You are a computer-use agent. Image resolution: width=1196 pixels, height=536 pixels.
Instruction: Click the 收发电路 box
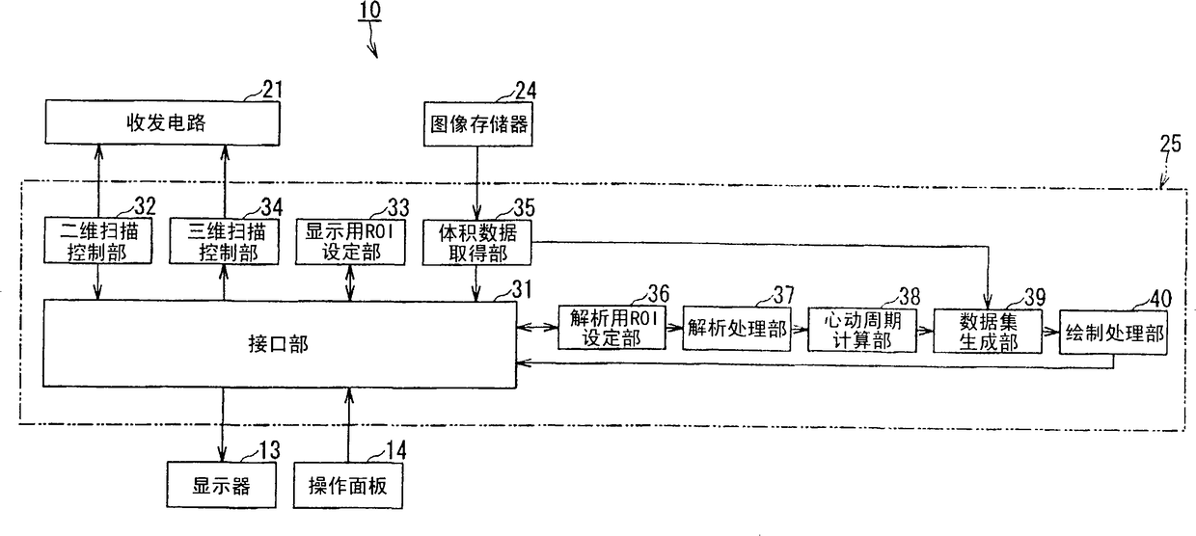pyautogui.click(x=162, y=123)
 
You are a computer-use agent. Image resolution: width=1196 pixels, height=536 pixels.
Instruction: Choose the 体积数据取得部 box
pyautogui.click(x=475, y=242)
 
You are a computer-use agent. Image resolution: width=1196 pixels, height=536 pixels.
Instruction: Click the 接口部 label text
pyautogui.click(x=285, y=344)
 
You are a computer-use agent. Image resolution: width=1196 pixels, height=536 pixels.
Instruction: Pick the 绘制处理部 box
pyautogui.click(x=1111, y=335)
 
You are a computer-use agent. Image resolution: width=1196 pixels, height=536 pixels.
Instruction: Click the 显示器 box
pyautogui.click(x=221, y=486)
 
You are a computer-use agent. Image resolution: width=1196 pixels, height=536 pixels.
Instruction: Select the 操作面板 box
pyautogui.click(x=347, y=486)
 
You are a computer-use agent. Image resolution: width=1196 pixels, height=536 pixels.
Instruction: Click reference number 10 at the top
pyautogui.click(x=369, y=12)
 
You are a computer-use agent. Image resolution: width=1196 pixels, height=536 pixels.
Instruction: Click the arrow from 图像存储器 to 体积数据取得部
pyautogui.click(x=474, y=182)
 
